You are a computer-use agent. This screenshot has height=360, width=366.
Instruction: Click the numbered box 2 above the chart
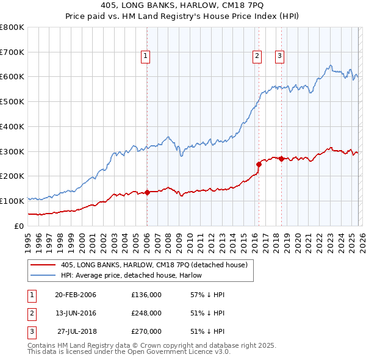(257, 56)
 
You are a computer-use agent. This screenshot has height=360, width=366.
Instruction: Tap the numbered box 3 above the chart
(279, 56)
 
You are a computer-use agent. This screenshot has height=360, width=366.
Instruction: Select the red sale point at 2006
(147, 192)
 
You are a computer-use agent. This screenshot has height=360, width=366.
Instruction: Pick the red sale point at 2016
(259, 164)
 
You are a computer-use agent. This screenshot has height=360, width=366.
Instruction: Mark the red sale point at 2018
(282, 159)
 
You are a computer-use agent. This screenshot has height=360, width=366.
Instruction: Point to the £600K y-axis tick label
(12, 77)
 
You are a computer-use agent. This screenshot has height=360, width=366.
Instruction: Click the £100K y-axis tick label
(12, 201)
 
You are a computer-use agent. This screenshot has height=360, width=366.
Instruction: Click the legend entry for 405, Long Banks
(154, 265)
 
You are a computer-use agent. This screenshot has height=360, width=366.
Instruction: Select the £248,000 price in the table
(146, 313)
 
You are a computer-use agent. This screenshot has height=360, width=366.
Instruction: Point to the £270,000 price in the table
(146, 331)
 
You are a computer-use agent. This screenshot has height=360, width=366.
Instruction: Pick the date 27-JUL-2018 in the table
(75, 331)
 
